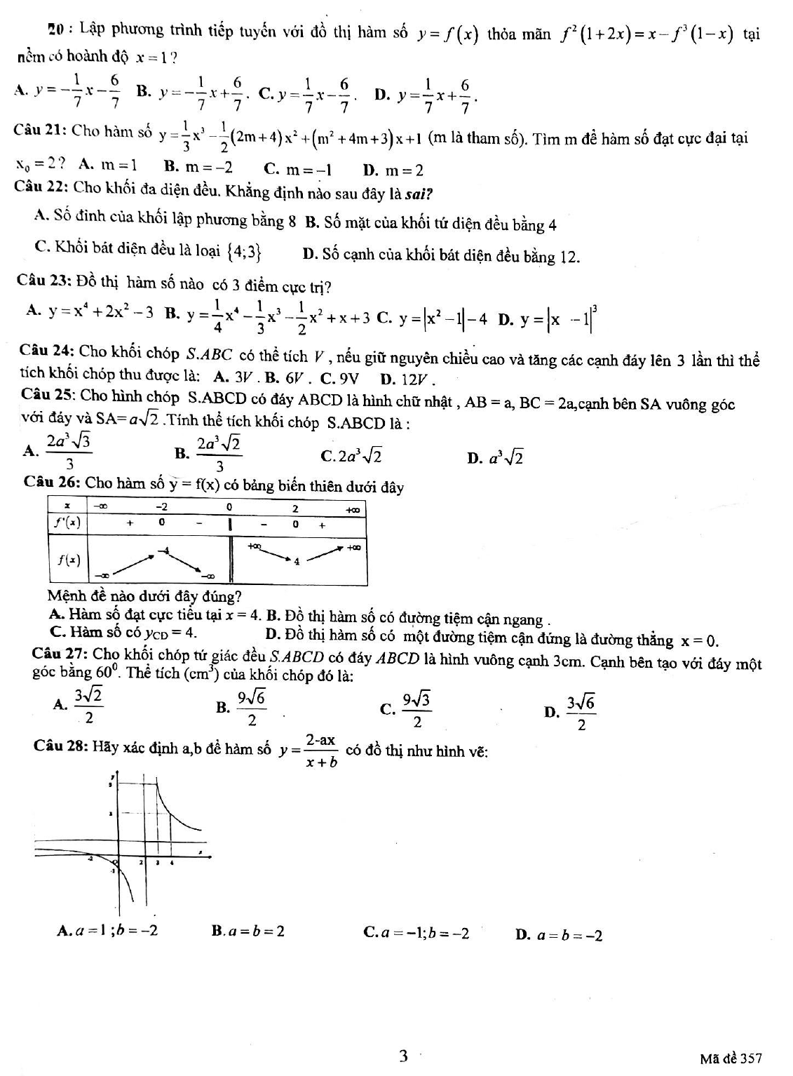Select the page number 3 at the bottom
[x=402, y=1056]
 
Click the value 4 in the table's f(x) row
[x=297, y=561]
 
